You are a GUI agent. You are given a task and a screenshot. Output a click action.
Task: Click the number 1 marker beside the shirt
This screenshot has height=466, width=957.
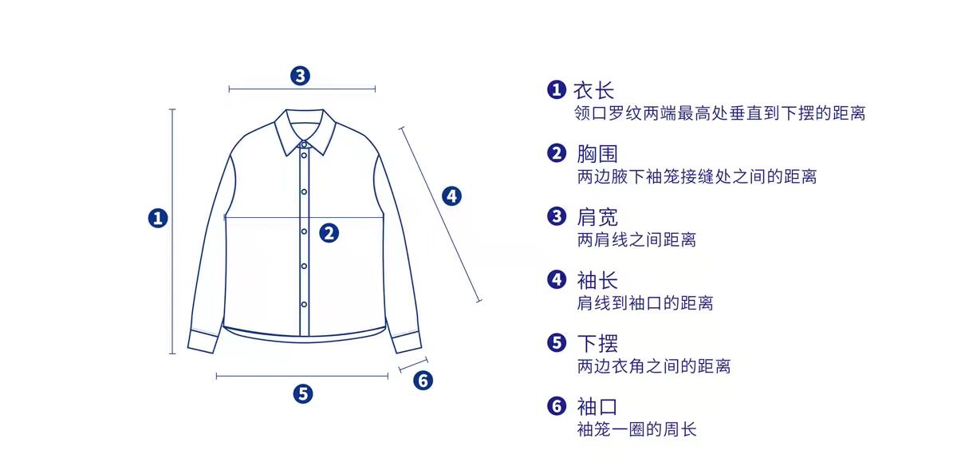(x=158, y=218)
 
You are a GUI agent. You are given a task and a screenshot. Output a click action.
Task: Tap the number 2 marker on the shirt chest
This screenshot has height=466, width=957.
(x=329, y=233)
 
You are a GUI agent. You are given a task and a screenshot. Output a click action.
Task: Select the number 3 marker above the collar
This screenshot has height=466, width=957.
(x=300, y=76)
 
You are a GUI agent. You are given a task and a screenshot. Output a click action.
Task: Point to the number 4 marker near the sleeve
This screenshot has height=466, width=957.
(x=451, y=196)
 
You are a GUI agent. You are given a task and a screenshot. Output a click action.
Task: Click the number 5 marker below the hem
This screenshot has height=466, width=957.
(x=303, y=393)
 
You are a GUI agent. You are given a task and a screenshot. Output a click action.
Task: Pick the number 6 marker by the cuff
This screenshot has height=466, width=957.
(x=423, y=380)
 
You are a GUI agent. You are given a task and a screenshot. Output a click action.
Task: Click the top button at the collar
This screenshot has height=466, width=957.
(x=304, y=145)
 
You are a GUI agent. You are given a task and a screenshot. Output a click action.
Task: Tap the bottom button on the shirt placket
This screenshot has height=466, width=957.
(x=304, y=304)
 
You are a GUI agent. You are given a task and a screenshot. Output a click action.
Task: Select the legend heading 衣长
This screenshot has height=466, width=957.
(x=593, y=91)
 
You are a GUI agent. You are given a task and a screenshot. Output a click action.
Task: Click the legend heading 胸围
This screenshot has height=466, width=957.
(x=597, y=154)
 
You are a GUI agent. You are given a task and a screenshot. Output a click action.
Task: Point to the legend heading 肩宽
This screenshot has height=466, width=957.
(x=597, y=217)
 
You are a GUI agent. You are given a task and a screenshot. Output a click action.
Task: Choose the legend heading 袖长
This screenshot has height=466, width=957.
(x=597, y=280)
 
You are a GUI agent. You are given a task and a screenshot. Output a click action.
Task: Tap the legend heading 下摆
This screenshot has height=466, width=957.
(x=597, y=343)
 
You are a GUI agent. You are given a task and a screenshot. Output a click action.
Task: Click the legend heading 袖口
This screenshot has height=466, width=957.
(x=597, y=407)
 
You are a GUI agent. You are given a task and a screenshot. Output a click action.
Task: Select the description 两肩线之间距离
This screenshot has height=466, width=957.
(x=636, y=240)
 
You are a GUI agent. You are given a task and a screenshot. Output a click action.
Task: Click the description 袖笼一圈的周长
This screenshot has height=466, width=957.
(x=636, y=429)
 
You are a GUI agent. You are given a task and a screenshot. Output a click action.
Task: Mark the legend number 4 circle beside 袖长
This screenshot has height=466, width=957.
(x=557, y=279)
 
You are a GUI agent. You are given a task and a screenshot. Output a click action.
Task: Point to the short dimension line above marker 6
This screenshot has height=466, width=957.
(x=413, y=364)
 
